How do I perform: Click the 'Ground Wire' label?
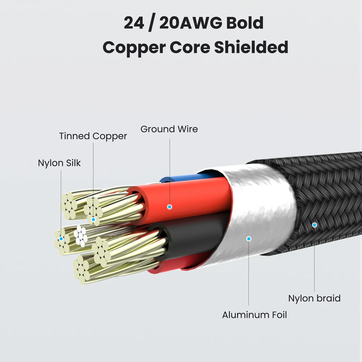(x=169, y=129)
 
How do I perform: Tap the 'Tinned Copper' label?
(x=93, y=136)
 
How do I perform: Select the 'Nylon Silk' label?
(x=59, y=163)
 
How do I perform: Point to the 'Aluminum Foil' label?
(x=254, y=315)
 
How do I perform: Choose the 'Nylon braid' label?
(x=314, y=298)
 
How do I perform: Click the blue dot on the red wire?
(x=169, y=207)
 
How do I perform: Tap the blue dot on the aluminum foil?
(x=248, y=239)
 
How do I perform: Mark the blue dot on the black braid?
(x=314, y=225)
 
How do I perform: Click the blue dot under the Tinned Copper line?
(x=93, y=219)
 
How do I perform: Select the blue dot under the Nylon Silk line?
(x=61, y=239)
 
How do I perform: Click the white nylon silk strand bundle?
(x=81, y=236)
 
